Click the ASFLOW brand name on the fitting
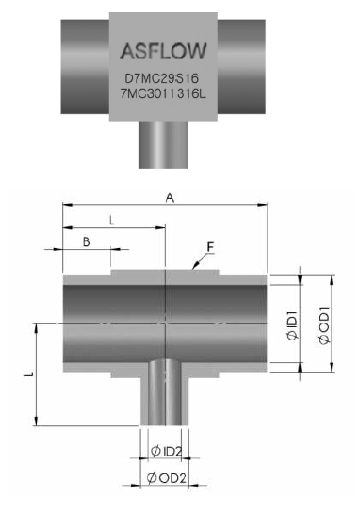[x=163, y=51]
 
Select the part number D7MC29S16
[x=162, y=78]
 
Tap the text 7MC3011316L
[x=163, y=94]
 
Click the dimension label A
[x=170, y=198]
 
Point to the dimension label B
[x=86, y=242]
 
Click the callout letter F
[x=210, y=247]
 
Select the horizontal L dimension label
[x=112, y=221]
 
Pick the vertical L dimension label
[x=29, y=373]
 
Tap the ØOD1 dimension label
[x=324, y=325]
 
